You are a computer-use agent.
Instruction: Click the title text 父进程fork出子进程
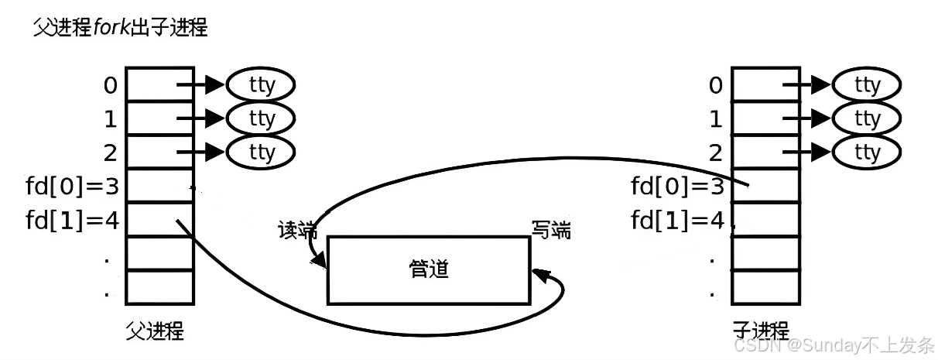(x=121, y=29)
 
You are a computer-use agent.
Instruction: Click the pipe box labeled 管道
(x=429, y=269)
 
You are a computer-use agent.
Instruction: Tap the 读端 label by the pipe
(x=298, y=230)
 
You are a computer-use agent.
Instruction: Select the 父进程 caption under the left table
(x=155, y=331)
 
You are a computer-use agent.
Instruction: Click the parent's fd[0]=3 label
(x=72, y=187)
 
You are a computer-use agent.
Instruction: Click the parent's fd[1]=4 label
(x=72, y=221)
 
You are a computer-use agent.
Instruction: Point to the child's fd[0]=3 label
(x=678, y=187)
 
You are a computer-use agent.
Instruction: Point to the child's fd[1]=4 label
(x=678, y=221)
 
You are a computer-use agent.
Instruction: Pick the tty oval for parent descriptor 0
(x=261, y=85)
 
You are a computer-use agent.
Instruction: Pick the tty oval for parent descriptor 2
(x=261, y=153)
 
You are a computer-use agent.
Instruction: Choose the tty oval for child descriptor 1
(x=866, y=118)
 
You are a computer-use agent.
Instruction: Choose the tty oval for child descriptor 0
(x=866, y=85)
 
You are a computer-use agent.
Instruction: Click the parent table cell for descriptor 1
(x=159, y=118)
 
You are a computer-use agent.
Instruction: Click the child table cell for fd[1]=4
(x=765, y=220)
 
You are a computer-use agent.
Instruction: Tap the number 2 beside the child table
(x=716, y=153)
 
